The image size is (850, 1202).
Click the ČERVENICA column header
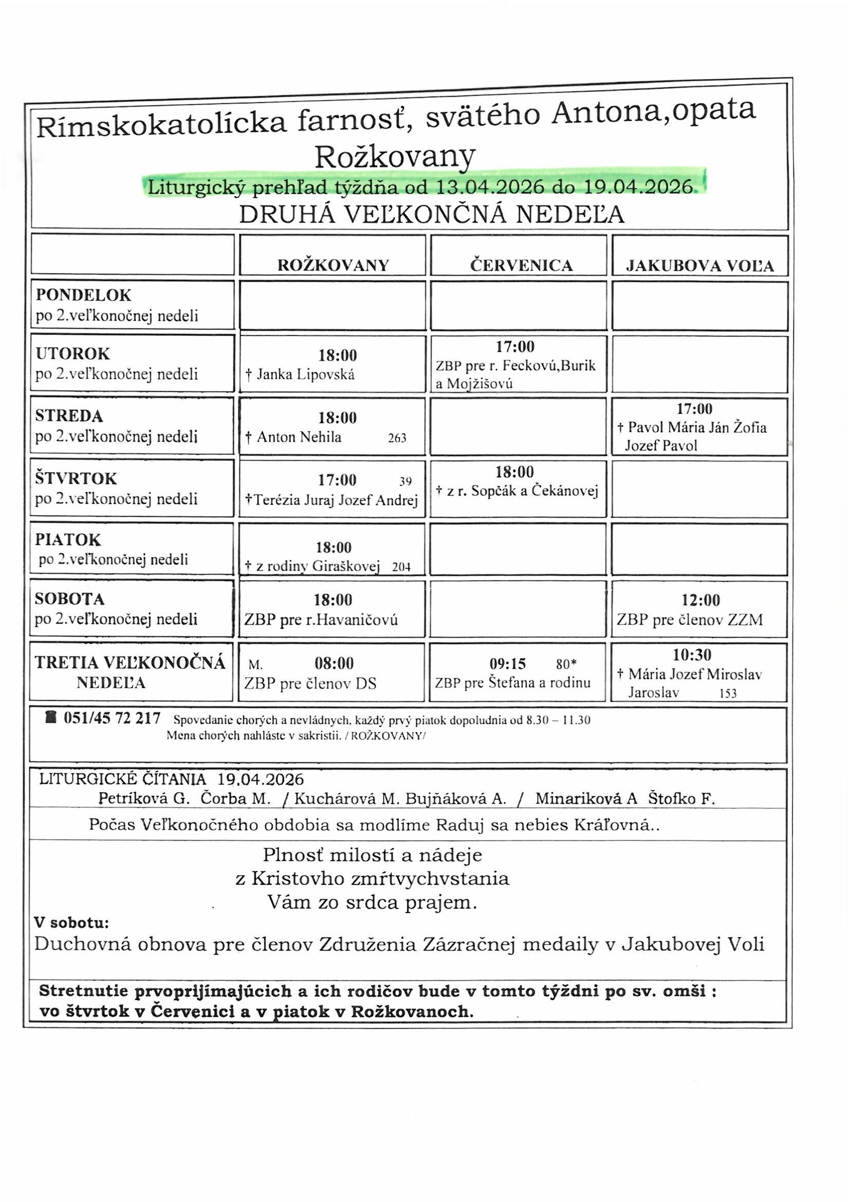click(x=521, y=265)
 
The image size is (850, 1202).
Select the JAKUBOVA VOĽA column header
click(x=700, y=266)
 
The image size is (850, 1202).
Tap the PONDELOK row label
click(x=83, y=295)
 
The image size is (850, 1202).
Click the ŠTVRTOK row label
click(x=76, y=479)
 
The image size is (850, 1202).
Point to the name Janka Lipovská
click(x=306, y=374)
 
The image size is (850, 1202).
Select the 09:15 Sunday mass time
click(x=507, y=664)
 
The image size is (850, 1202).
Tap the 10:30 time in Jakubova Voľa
click(x=692, y=655)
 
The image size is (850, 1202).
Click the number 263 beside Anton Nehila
click(x=397, y=439)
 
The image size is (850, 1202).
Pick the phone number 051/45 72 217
click(x=112, y=718)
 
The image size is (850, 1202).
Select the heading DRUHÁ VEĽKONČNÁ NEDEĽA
click(x=432, y=215)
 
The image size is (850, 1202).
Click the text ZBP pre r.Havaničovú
click(x=321, y=621)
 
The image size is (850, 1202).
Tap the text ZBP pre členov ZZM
click(x=689, y=621)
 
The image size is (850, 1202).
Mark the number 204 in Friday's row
click(x=401, y=567)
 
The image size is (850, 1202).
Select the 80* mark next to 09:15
click(x=566, y=664)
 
